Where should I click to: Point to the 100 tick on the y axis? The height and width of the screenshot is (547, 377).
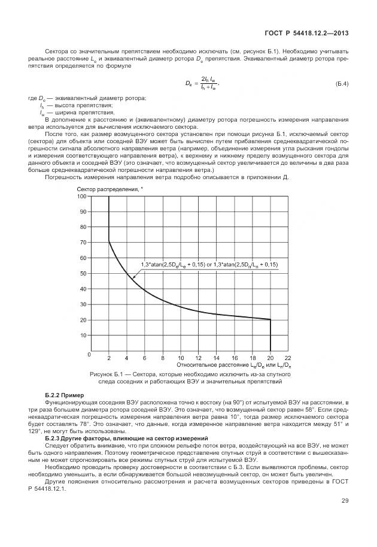pos(82,196)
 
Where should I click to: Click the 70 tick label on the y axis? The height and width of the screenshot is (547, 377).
pos(83,243)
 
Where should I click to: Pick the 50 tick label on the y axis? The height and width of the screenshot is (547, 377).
pos(83,273)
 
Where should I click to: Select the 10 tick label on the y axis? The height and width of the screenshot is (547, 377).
pos(83,336)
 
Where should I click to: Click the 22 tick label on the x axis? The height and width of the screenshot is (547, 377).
pos(288,357)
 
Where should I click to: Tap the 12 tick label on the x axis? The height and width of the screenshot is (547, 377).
pos(198,357)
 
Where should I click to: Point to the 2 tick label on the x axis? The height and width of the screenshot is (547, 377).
pos(109,357)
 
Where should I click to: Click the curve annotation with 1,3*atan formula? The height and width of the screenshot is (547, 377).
pos(209,264)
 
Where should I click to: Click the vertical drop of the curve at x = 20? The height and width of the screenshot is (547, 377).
pos(270,336)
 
